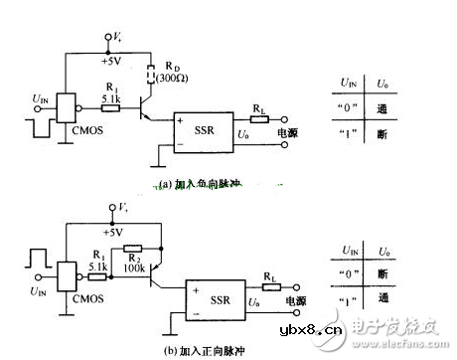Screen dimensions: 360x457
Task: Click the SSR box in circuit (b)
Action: coord(204,299)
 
